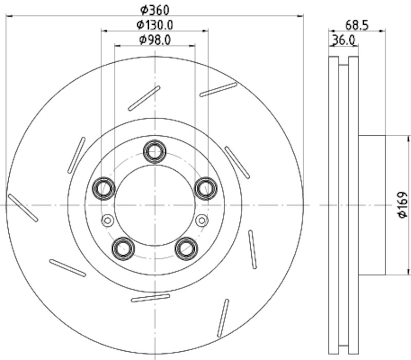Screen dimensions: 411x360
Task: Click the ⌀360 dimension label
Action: [155, 10]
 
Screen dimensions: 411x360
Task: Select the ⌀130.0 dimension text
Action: [155, 25]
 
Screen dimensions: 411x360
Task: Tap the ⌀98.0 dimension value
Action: [155, 40]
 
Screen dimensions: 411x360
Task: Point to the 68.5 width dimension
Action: [357, 25]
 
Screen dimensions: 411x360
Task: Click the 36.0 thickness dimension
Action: [344, 41]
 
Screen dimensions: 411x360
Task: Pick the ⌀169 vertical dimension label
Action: [403, 205]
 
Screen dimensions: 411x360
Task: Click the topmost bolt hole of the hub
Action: [155, 151]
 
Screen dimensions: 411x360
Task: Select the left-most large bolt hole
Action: [104, 188]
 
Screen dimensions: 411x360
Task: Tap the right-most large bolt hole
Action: [206, 188]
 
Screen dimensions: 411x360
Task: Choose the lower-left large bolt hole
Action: [123, 248]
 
